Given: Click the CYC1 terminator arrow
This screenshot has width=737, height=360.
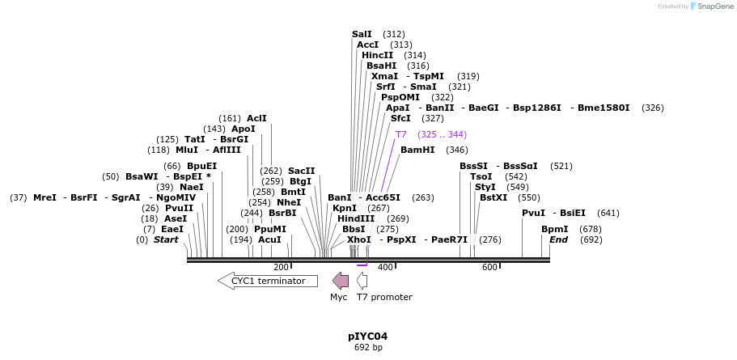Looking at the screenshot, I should (267, 281).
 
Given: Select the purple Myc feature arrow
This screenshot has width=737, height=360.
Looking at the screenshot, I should (341, 281).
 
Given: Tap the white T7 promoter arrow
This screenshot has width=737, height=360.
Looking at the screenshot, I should (362, 281).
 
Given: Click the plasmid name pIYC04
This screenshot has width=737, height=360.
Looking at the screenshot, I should (367, 336).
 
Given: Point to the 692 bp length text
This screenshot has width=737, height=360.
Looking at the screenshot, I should (367, 348).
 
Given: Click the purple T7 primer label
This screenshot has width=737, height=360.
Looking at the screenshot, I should (401, 134).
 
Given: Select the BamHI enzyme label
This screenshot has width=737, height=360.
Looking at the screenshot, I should (417, 150).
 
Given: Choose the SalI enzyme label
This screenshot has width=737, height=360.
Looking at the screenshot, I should (362, 34).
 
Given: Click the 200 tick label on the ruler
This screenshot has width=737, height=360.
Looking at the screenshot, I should (281, 268).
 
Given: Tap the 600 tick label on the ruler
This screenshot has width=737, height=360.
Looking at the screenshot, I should (489, 268).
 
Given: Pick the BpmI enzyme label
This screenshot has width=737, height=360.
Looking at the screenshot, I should (555, 229).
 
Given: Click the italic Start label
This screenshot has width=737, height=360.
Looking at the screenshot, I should (166, 239).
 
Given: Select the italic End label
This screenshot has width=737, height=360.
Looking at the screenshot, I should (558, 239).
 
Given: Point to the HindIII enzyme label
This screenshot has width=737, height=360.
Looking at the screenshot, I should (356, 218).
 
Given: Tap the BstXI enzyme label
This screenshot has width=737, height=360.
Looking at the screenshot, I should (493, 197).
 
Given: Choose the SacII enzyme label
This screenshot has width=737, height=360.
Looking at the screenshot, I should (301, 171).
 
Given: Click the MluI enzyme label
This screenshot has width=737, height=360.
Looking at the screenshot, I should (187, 150).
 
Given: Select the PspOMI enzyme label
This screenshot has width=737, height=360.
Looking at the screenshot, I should (400, 97).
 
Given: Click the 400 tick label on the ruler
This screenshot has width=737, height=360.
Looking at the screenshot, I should (385, 268).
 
